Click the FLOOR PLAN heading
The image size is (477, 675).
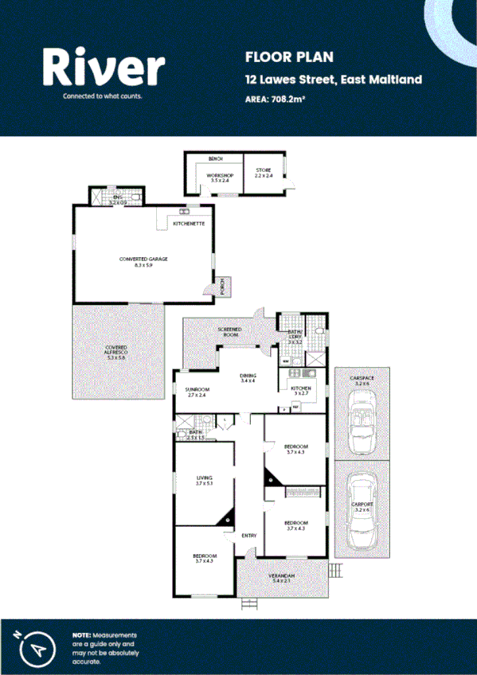tap(277, 57)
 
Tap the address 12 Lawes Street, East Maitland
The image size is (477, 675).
tap(333, 79)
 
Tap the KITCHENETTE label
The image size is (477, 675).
tap(190, 224)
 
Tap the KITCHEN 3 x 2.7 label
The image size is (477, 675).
tap(300, 390)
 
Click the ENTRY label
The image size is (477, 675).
tap(249, 535)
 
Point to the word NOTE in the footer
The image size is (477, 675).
tap(81, 634)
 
